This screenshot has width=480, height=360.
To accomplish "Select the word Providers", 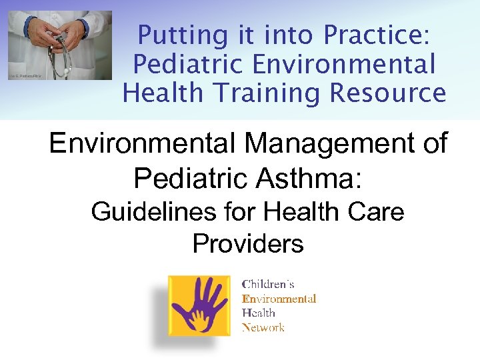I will [247, 244].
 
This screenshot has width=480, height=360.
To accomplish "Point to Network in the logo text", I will [263, 327].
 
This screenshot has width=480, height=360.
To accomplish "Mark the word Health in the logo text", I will [258, 313].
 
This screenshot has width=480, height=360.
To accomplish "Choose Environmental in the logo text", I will [279, 299].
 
